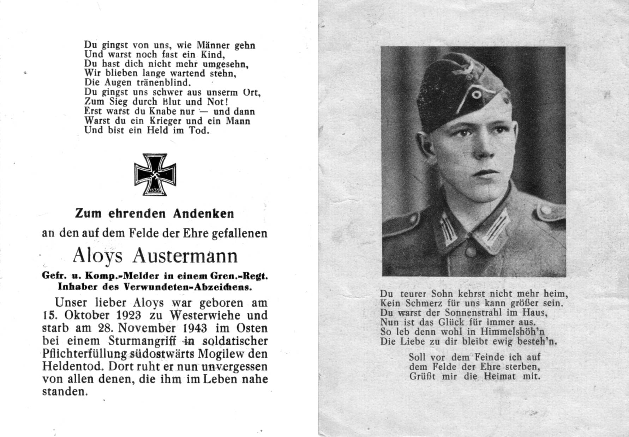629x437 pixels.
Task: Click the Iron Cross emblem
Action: pyautogui.click(x=155, y=175)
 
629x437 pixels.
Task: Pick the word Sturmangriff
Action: pyautogui.click(x=138, y=341)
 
